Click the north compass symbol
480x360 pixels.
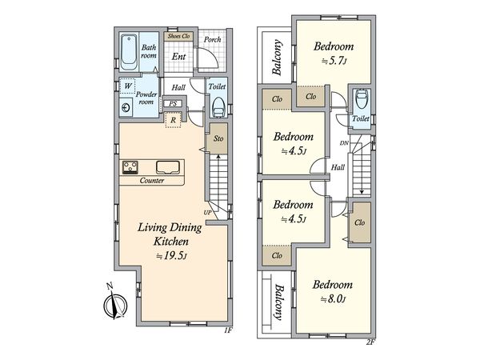coord(115,305)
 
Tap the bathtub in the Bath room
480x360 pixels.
coord(129,53)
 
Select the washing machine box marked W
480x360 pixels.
coord(127,86)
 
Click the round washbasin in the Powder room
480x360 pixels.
coord(126,107)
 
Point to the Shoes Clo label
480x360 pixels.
coord(178,36)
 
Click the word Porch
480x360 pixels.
coord(213,39)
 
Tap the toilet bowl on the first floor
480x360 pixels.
coord(218,107)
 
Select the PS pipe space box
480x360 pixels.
coord(173,104)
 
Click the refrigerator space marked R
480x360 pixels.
coord(174,120)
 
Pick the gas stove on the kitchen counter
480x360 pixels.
coord(130,167)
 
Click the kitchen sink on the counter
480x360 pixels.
coord(168,167)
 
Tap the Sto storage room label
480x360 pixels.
coord(218,138)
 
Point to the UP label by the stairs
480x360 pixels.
coord(207,212)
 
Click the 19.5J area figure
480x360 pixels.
coord(172,256)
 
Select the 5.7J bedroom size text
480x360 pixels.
coord(334,62)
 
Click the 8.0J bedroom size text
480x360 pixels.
coord(333,298)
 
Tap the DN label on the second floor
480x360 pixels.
coord(344,143)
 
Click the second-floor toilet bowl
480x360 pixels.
coord(362,99)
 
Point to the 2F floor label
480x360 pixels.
coord(370,342)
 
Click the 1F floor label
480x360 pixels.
coord(228,330)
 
